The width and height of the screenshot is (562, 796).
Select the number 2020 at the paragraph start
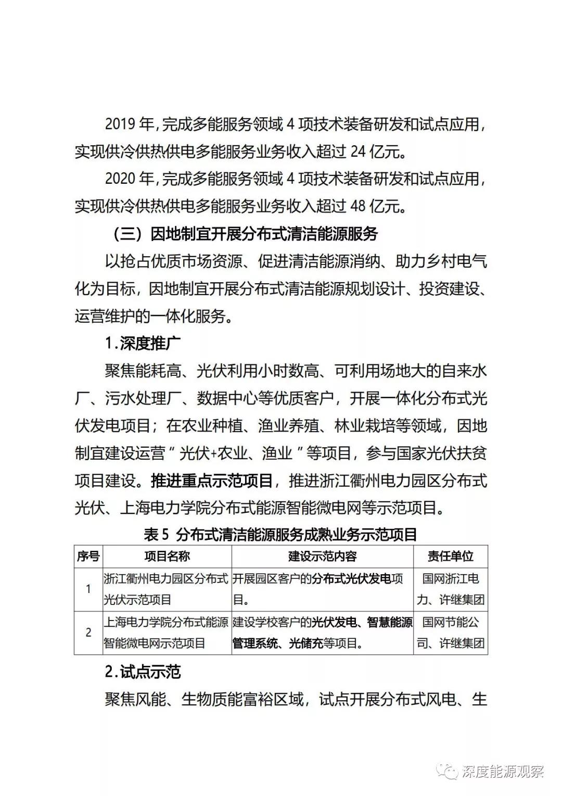[x=120, y=179]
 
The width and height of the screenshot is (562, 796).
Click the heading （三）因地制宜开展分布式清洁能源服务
[x=245, y=234]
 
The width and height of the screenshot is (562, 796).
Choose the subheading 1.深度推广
[x=142, y=343]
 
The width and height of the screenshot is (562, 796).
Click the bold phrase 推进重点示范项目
[x=212, y=481]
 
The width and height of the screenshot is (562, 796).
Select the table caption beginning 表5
[x=280, y=534]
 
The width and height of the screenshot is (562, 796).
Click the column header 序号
[x=88, y=556]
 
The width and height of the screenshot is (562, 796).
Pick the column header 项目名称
[x=167, y=556]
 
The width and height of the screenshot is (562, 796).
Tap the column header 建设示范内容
[x=322, y=556]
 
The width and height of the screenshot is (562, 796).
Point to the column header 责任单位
[x=450, y=556]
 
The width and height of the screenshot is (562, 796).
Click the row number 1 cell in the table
[x=88, y=589]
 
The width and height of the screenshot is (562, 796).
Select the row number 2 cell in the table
[x=88, y=632]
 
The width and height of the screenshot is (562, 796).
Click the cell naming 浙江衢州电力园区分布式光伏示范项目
[x=166, y=589]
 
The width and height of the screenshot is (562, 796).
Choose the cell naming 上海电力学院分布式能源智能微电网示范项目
[x=166, y=632]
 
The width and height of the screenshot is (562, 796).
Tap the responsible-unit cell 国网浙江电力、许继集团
[x=450, y=589]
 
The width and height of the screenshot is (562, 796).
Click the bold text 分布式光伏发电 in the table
[x=352, y=579]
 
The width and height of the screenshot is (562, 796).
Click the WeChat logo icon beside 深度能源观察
[x=448, y=771]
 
